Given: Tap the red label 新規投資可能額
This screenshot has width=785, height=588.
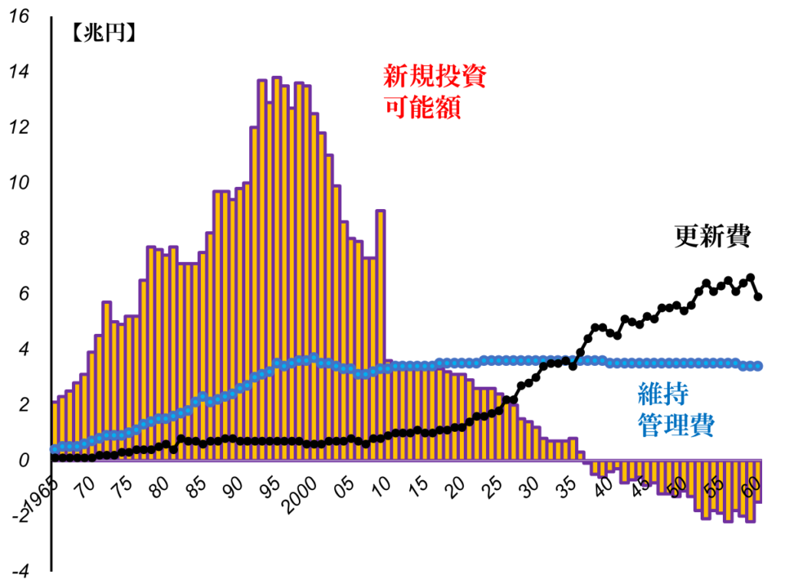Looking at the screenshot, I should (433, 91).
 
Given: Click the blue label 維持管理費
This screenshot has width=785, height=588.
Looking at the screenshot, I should (674, 410).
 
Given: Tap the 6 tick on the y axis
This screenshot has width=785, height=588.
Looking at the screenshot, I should (21, 294).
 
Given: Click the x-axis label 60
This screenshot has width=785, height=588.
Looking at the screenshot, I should (751, 485).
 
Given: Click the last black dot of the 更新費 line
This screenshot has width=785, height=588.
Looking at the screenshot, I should (758, 297).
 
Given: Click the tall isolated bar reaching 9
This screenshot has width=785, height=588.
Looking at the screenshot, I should (380, 291).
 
